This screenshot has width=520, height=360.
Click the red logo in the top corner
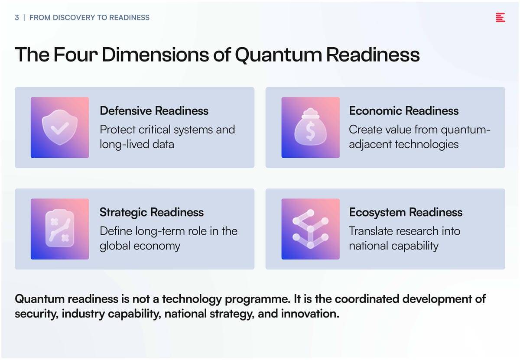(x=500, y=17)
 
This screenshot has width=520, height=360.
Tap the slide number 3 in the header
(x=17, y=18)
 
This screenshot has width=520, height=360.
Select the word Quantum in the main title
(x=278, y=55)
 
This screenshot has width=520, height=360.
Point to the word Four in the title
(x=75, y=55)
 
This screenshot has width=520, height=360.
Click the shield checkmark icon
(x=60, y=127)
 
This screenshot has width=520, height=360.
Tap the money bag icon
(x=310, y=127)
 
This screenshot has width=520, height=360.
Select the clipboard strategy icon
(x=60, y=228)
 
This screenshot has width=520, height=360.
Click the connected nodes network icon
(x=310, y=229)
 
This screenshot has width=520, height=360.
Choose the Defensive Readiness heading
(x=154, y=110)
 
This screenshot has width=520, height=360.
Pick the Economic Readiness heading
(x=404, y=110)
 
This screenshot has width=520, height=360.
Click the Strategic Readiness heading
(x=152, y=212)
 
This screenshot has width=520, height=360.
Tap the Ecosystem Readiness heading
(x=406, y=212)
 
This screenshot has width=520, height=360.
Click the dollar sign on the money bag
(x=310, y=132)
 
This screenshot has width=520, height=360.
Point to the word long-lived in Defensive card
(x=124, y=144)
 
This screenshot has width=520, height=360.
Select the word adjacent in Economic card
(x=370, y=144)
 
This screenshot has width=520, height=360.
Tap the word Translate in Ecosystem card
(x=369, y=231)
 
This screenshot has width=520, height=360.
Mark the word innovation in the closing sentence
(x=310, y=314)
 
